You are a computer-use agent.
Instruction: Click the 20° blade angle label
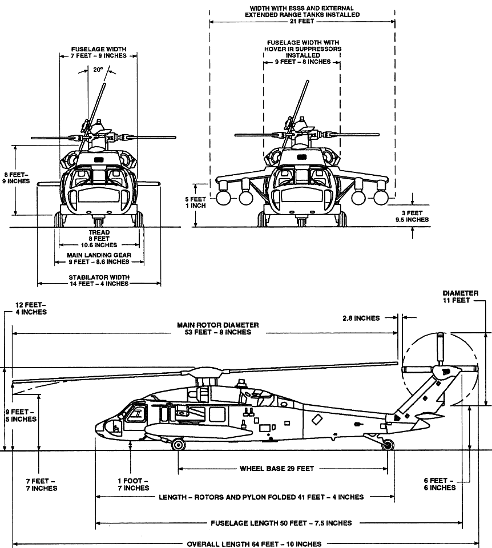98,70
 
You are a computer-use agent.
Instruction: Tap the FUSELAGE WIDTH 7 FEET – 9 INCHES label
99,53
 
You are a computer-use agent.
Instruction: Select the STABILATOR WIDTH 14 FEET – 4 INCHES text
92,280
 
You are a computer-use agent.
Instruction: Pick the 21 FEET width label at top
302,21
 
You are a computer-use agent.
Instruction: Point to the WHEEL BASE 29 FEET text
276,469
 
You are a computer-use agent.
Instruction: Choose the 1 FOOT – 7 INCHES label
133,484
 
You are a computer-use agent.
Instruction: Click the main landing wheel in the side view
178,445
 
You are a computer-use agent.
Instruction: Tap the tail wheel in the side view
388,445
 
